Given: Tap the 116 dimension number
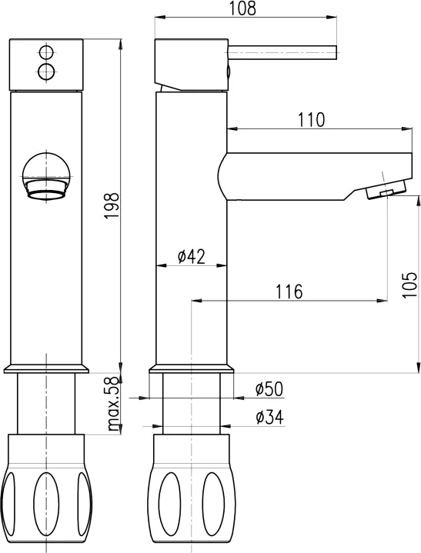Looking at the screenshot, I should click(289, 291).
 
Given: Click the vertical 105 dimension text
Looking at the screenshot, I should click(408, 284).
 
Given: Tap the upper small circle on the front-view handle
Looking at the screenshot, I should click(46, 53).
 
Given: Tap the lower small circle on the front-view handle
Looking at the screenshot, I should click(46, 72).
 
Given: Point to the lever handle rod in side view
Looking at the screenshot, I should click(282, 52).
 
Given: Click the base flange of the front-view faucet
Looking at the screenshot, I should click(45, 368).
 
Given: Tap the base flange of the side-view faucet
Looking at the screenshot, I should click(191, 368).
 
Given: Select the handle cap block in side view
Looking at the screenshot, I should click(191, 63).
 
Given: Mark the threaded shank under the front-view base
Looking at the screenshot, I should click(45, 404).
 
